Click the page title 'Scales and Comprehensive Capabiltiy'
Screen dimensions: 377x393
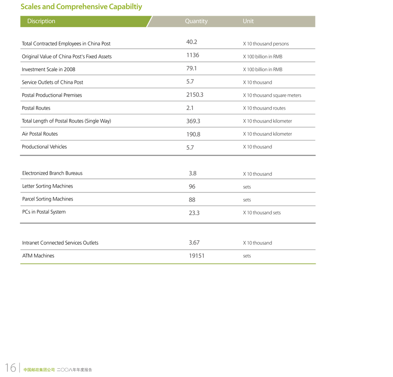pos(81,7)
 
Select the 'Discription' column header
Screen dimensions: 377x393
pos(41,21)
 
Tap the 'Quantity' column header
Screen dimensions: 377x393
pos(196,21)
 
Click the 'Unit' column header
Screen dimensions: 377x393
pos(248,21)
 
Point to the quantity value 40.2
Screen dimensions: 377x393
pos(192,42)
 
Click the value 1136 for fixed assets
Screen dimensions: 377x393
pos(193,55)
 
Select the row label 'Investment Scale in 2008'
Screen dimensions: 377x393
pos(48,69)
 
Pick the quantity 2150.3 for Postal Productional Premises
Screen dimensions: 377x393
pos(195,95)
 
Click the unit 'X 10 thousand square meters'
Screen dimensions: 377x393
pos(272,96)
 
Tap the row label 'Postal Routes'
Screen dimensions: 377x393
pos(36,108)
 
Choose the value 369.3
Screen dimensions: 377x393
pos(193,121)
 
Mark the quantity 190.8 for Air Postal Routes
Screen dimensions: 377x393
pos(193,134)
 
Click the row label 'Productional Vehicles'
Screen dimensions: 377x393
pos(45,147)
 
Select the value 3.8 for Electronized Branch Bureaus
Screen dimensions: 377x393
pos(193,173)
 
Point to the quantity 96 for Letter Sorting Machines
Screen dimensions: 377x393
pos(192,186)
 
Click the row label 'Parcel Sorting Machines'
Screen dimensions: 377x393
pos(48,199)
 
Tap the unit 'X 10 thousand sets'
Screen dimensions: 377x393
pos(262,213)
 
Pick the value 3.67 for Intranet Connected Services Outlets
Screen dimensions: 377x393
pos(194,243)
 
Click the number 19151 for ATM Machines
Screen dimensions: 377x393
pos(196,256)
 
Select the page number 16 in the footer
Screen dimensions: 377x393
pos(10,367)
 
